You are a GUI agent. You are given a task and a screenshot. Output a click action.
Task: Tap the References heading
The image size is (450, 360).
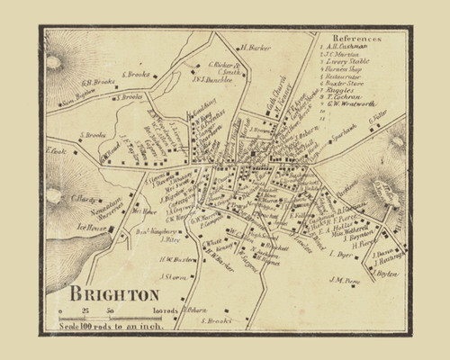coord(357,40)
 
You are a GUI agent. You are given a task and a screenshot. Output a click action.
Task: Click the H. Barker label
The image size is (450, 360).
coord(255,46)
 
